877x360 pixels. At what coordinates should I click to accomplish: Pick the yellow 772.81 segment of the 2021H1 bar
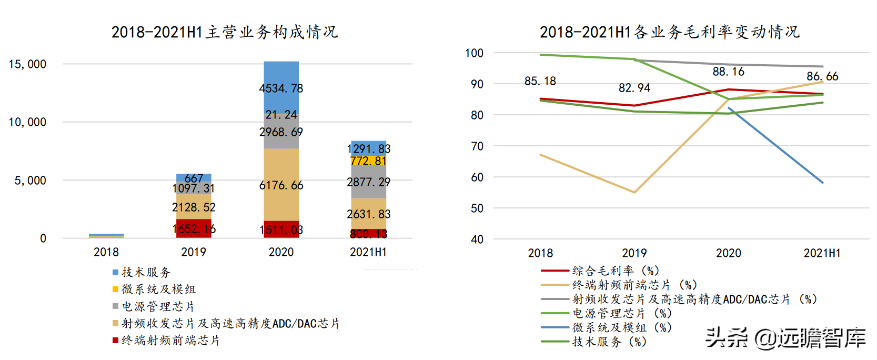(x=368, y=161)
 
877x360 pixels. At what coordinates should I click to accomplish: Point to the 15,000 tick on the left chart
(x=27, y=64)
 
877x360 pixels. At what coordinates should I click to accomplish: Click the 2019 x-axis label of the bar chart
(x=194, y=252)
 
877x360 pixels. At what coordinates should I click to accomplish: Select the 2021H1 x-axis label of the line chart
(x=822, y=253)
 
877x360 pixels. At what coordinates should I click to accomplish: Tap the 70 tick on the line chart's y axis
(x=477, y=146)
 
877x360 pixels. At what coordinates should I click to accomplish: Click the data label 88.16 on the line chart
(x=728, y=72)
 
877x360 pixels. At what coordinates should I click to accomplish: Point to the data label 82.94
(x=634, y=88)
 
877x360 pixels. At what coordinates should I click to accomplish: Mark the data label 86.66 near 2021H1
(x=822, y=76)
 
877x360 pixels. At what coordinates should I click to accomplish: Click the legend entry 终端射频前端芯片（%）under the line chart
(x=634, y=285)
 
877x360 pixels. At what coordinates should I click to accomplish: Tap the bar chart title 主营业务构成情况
(x=225, y=32)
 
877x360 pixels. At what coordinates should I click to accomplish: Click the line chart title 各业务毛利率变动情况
(x=670, y=32)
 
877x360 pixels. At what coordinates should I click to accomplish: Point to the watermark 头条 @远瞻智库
(x=785, y=337)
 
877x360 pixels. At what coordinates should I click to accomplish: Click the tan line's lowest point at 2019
(x=634, y=192)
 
